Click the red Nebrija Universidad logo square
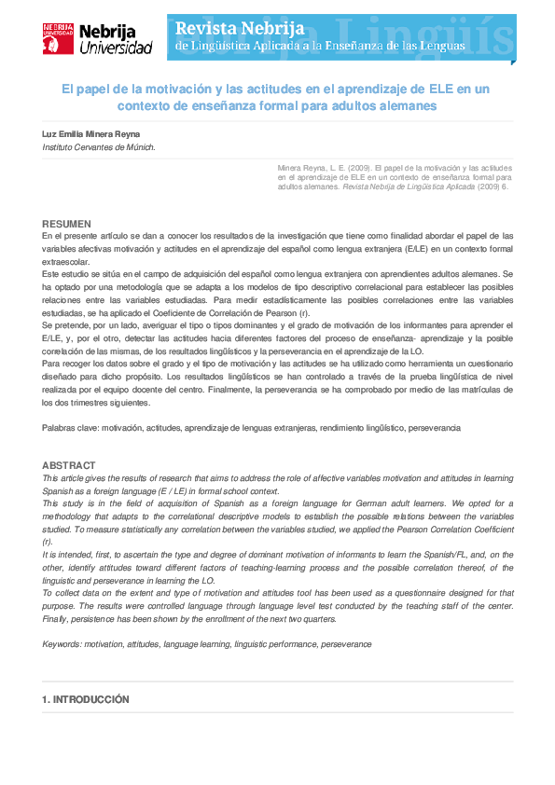pyautogui.click(x=58, y=38)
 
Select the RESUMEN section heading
pyautogui.click(x=66, y=224)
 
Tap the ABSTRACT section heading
pyautogui.click(x=68, y=465)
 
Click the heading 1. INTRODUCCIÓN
pyautogui.click(x=85, y=699)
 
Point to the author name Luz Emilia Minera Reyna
pyautogui.click(x=92, y=134)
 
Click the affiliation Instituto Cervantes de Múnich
pyautogui.click(x=99, y=147)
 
